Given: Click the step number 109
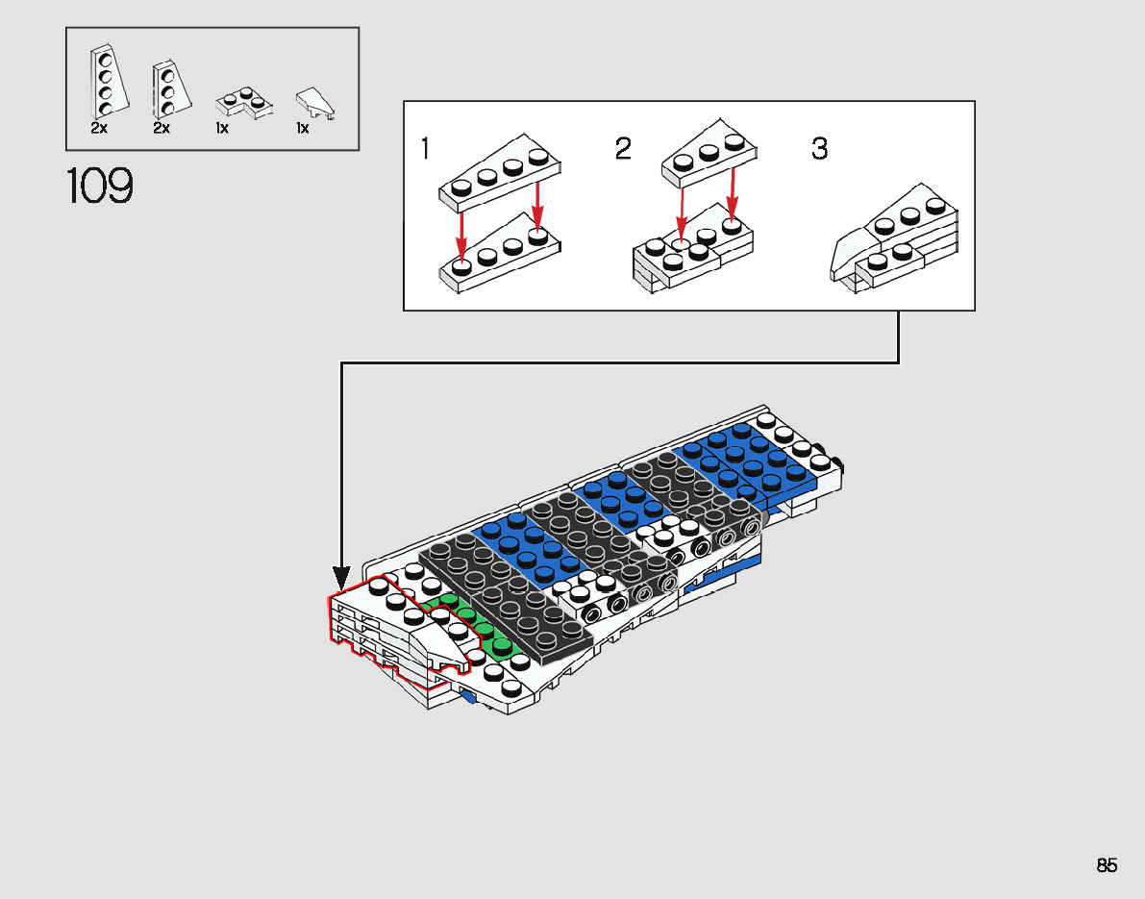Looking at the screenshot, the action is [100, 187].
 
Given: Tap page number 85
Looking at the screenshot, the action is [1107, 865].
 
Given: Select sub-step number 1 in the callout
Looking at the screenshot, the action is [426, 149].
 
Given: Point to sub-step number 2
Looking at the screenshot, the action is [623, 149].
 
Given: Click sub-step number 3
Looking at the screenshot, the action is [819, 149].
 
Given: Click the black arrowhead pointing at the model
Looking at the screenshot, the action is [341, 579].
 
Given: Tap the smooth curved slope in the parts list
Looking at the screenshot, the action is [314, 101].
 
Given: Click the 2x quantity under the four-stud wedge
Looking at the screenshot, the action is [99, 128].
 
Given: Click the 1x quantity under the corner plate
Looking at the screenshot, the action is [222, 128].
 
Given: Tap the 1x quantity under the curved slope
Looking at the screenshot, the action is [302, 128].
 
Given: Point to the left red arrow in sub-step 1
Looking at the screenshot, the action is [462, 231].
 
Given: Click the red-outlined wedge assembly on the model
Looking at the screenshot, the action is [394, 625].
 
